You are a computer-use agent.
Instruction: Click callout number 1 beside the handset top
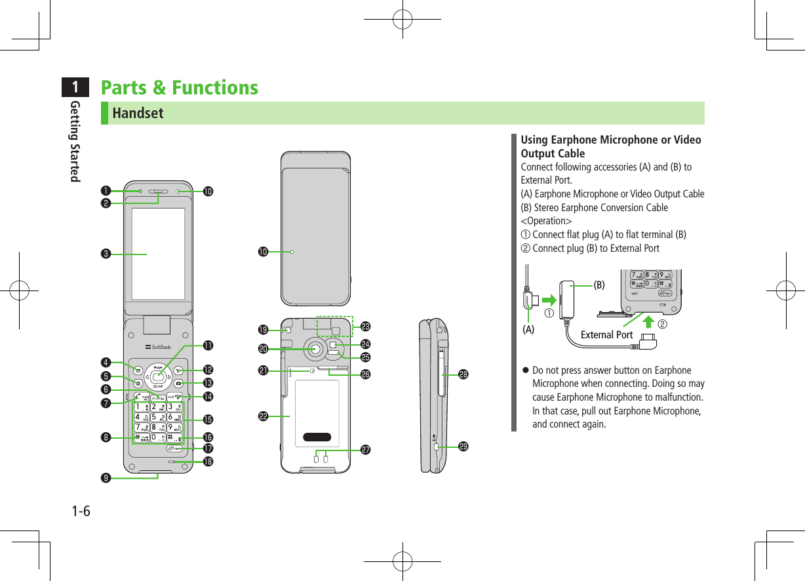105,191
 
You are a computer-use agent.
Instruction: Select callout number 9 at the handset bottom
105,477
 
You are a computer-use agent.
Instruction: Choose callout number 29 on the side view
463,447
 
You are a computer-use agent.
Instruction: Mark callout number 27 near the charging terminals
366,450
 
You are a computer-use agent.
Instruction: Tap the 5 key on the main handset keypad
153,416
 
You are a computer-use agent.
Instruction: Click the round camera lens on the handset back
316,350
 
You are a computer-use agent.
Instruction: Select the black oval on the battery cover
317,437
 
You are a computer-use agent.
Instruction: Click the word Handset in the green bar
138,113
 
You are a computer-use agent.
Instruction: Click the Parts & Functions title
179,87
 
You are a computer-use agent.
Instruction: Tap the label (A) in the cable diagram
528,331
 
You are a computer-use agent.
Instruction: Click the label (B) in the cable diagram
599,285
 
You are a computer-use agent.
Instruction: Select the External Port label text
606,334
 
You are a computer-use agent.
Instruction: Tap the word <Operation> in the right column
545,221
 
